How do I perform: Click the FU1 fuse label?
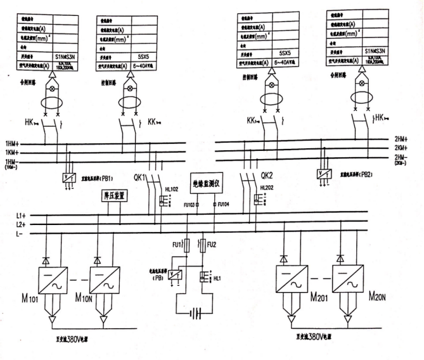177,243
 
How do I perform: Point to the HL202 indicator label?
266,188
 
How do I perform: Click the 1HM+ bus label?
12,143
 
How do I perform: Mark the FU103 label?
189,205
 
